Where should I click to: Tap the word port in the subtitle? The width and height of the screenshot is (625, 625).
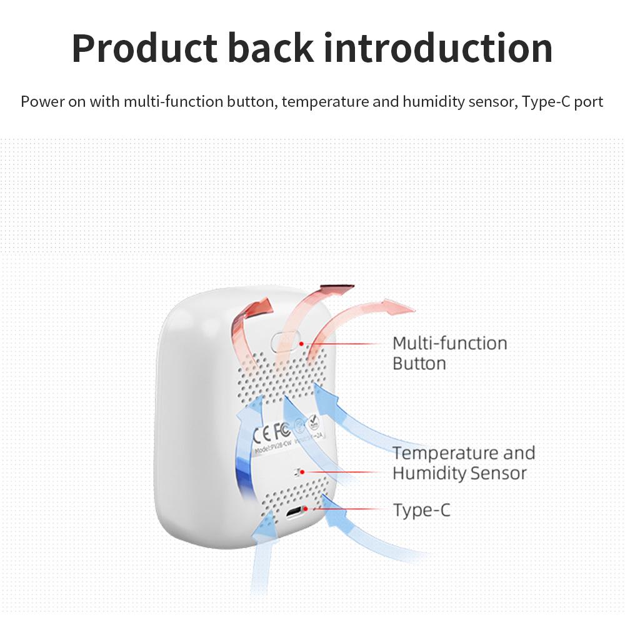(588, 102)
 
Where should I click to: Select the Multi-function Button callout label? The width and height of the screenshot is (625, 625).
(449, 353)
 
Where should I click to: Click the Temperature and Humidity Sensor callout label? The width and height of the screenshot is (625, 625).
(463, 463)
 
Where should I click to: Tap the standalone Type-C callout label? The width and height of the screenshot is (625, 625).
(421, 511)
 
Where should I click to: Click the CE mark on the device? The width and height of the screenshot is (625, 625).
(261, 432)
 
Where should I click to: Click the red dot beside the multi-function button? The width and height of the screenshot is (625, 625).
(301, 343)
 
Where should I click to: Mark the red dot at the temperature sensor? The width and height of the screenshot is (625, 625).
(304, 472)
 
